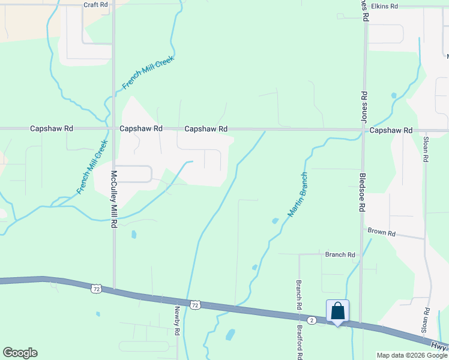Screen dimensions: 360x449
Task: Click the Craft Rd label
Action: click(x=95, y=4)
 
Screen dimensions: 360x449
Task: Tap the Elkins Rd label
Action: click(x=385, y=7)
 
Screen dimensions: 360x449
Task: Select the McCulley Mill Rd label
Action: click(x=113, y=200)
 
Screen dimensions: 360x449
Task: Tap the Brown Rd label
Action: click(x=382, y=232)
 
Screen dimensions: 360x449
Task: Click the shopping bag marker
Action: click(x=337, y=311)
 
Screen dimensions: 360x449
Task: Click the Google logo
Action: click(x=20, y=353)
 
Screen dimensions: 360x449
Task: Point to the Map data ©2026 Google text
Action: click(x=412, y=355)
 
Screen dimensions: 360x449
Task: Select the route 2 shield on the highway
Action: click(x=312, y=320)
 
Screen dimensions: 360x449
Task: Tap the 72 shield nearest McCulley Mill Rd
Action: click(x=96, y=289)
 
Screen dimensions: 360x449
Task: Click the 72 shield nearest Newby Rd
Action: click(x=194, y=305)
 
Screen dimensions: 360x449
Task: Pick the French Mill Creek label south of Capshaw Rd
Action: click(x=92, y=167)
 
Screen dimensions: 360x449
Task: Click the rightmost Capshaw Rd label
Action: click(x=391, y=130)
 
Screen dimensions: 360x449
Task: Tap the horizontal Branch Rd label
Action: click(x=340, y=254)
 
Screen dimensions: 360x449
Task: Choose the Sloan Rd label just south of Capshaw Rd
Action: click(x=426, y=148)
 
